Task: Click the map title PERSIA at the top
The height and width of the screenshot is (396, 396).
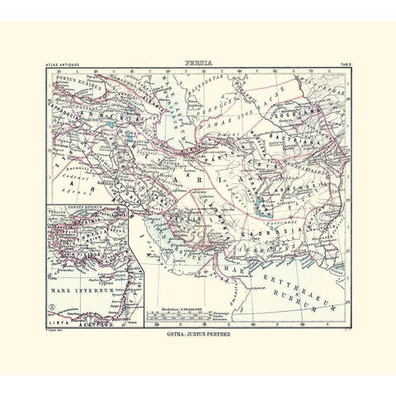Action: (x=197, y=61)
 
